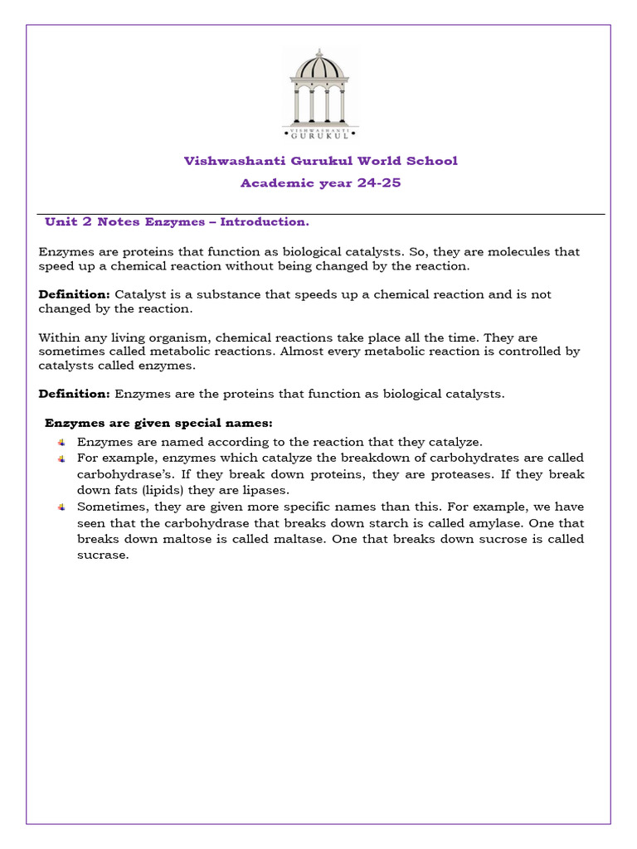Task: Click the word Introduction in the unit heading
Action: [271, 222]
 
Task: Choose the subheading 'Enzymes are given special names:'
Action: [158, 423]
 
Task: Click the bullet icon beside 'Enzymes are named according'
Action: [61, 442]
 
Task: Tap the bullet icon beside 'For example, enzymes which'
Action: [61, 458]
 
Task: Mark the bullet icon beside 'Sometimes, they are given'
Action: [61, 507]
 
